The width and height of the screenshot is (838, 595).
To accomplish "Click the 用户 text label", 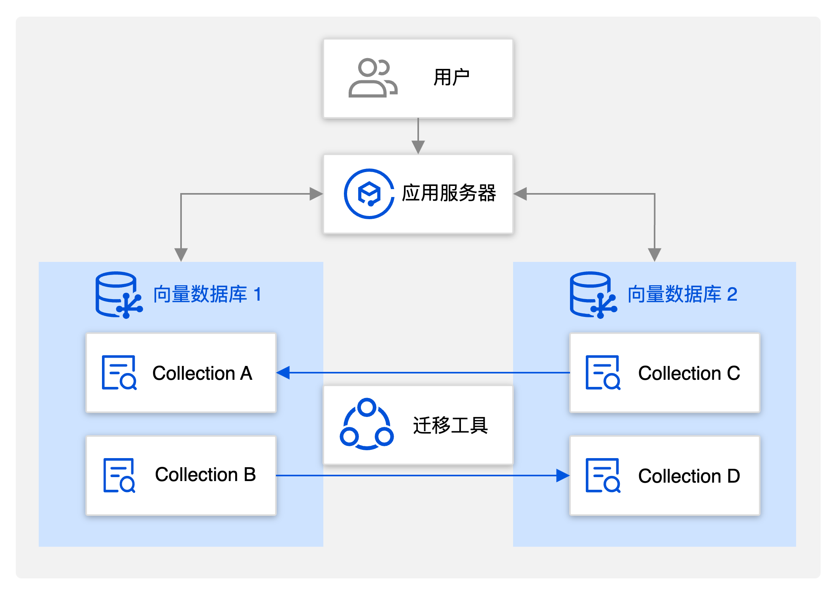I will [x=451, y=77].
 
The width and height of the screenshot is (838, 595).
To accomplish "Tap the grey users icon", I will [x=372, y=78].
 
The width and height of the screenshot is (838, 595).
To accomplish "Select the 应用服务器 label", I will [x=449, y=193].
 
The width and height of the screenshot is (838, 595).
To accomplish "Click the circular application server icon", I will [x=369, y=194].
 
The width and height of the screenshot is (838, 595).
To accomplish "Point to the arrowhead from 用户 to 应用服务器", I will [x=418, y=147].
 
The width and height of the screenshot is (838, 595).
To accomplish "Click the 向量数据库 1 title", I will [x=207, y=294].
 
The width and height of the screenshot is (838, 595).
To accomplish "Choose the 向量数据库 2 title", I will [x=682, y=294].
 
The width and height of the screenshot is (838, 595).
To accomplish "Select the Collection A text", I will [x=202, y=373].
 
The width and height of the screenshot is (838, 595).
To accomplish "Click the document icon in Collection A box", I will [x=119, y=373].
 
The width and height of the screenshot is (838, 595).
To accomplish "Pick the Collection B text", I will [x=205, y=475].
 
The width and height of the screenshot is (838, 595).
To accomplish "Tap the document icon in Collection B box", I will [x=119, y=476].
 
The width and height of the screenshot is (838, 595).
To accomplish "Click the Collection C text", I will [x=689, y=373].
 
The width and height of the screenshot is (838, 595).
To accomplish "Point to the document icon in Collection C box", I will [x=603, y=373].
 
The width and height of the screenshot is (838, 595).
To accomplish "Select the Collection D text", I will [x=689, y=476].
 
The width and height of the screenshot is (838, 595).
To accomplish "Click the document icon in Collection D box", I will [x=603, y=476].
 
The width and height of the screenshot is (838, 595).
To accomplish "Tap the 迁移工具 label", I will [x=450, y=426].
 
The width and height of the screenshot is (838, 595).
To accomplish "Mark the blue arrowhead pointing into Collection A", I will [x=283, y=373].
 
